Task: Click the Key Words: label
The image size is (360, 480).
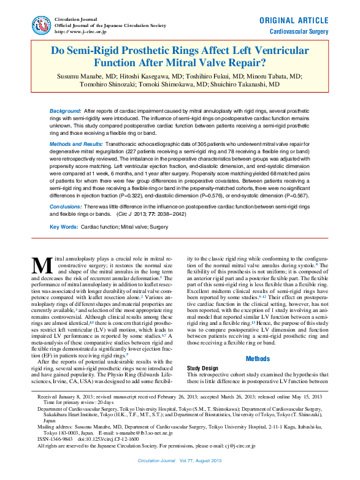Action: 63,227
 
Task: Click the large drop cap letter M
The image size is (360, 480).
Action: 42,265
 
